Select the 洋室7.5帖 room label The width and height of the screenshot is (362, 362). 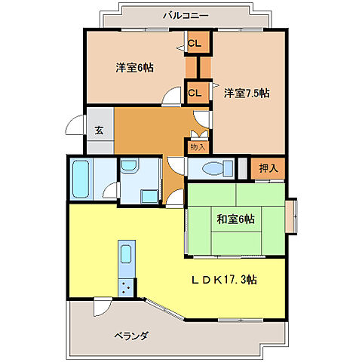point(247,94)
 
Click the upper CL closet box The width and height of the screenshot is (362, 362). point(194,44)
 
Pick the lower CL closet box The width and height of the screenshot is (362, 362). point(194,93)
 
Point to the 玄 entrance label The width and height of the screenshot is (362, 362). point(99,129)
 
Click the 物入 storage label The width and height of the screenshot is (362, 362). point(197,147)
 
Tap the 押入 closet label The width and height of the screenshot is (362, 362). point(268,168)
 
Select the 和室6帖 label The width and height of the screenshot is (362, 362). point(236,219)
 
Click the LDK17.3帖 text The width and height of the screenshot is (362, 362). point(225,280)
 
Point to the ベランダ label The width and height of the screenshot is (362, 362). point(131,335)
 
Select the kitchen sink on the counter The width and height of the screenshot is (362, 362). point(126,255)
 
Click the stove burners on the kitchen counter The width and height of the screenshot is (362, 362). point(126,286)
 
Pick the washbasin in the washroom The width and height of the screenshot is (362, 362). point(128,167)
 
